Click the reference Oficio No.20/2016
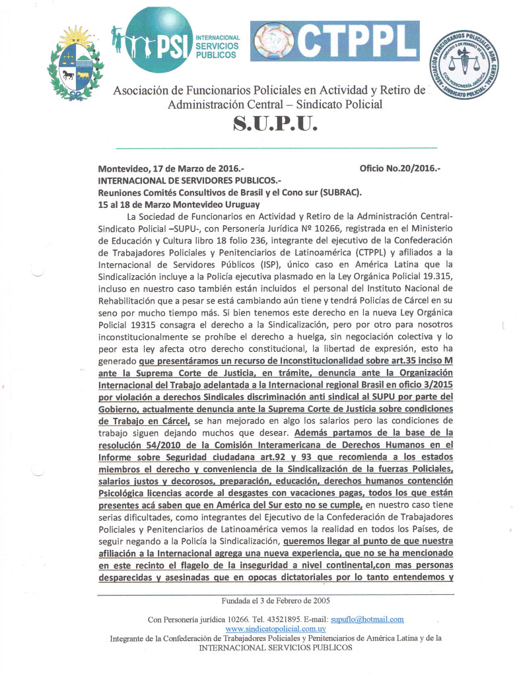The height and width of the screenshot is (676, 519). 399,168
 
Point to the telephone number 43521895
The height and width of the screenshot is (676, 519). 283,619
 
